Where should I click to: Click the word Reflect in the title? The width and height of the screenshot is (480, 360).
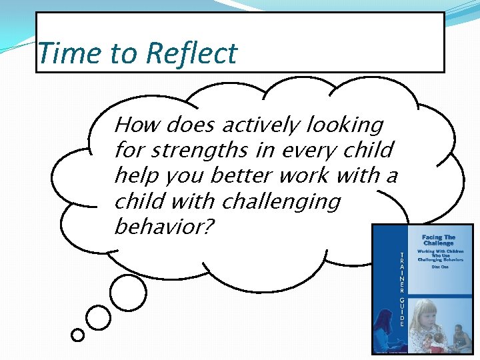pyautogui.click(x=191, y=53)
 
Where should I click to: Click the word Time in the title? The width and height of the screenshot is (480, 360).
pyautogui.click(x=62, y=53)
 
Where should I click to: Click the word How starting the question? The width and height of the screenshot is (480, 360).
pyautogui.click(x=137, y=125)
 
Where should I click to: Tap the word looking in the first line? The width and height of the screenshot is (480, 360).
pyautogui.click(x=345, y=125)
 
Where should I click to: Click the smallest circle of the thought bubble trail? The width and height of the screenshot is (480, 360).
pyautogui.click(x=78, y=335)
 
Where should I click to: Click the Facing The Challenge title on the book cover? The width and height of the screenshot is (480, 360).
pyautogui.click(x=438, y=240)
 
